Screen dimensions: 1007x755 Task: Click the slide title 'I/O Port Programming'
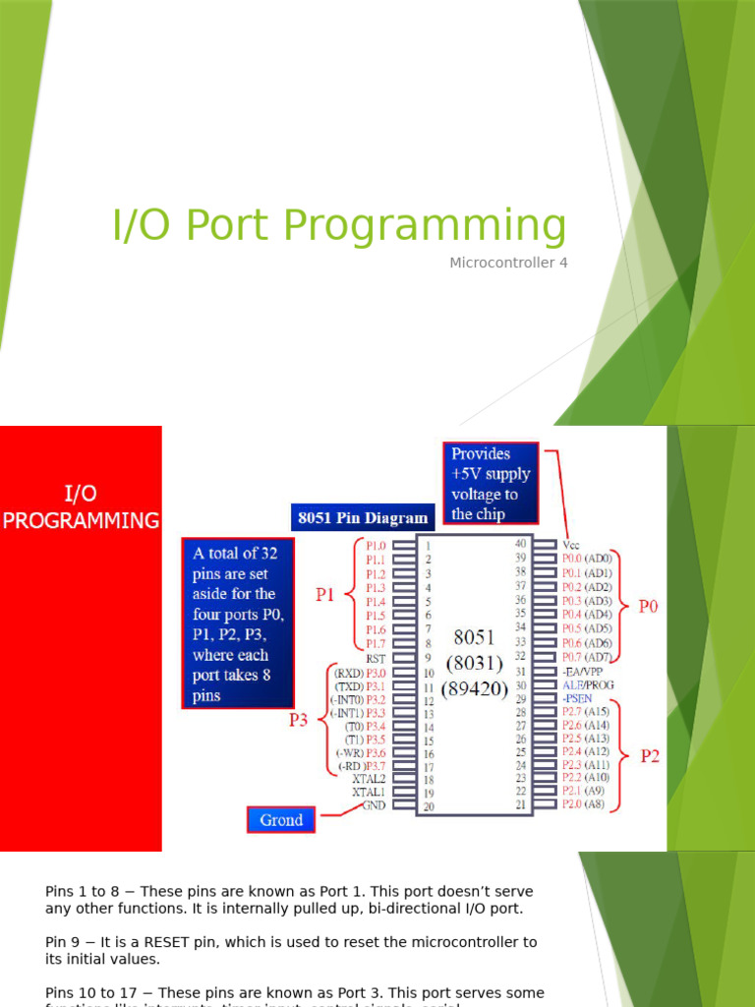(339, 226)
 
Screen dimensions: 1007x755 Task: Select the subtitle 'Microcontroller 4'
(508, 263)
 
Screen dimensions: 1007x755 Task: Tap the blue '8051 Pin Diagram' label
(362, 517)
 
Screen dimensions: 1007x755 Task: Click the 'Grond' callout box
(281, 819)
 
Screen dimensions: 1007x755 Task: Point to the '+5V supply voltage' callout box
(491, 483)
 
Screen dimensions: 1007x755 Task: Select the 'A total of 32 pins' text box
(237, 622)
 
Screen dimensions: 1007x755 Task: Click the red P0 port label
(648, 607)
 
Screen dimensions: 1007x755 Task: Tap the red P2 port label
(650, 756)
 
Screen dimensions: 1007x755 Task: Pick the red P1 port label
(325, 594)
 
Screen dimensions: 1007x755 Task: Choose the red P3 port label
(298, 720)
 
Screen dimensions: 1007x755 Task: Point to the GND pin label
(375, 804)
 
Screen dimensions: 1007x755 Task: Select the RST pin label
(375, 658)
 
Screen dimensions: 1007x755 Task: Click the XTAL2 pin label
(369, 778)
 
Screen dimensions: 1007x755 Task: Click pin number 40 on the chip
(521, 543)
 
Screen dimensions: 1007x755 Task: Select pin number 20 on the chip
(428, 806)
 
